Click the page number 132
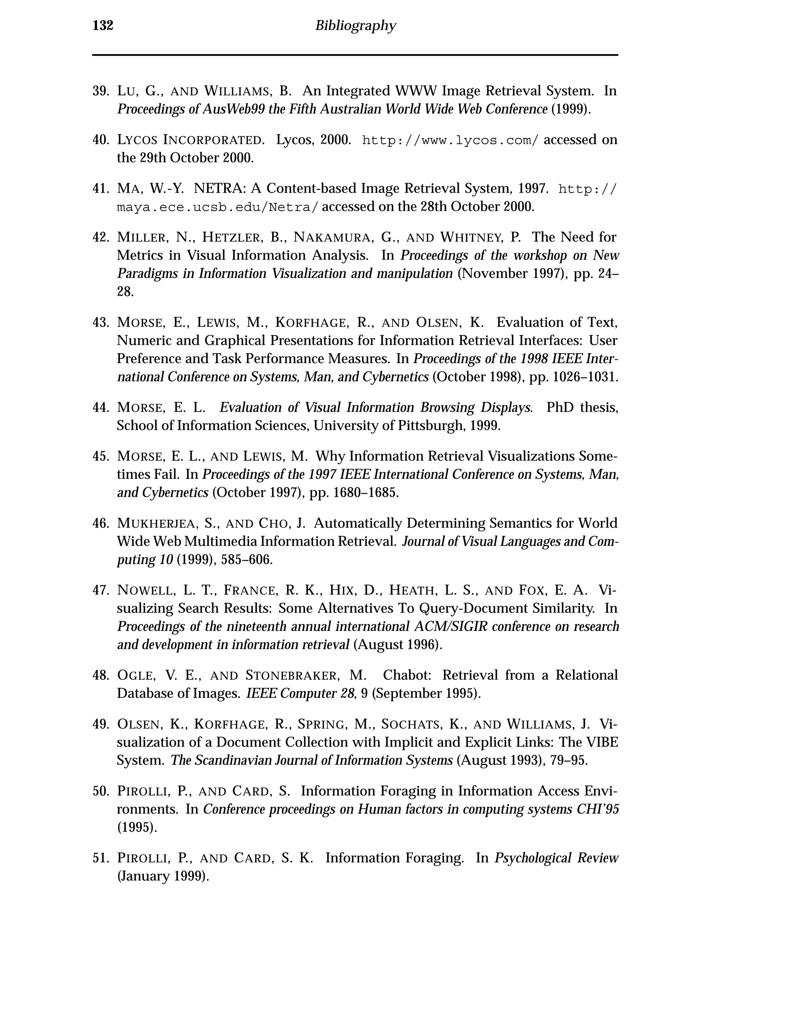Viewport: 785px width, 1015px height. (103, 26)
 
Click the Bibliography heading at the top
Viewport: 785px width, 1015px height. (355, 26)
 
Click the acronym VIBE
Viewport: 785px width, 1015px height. (602, 743)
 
